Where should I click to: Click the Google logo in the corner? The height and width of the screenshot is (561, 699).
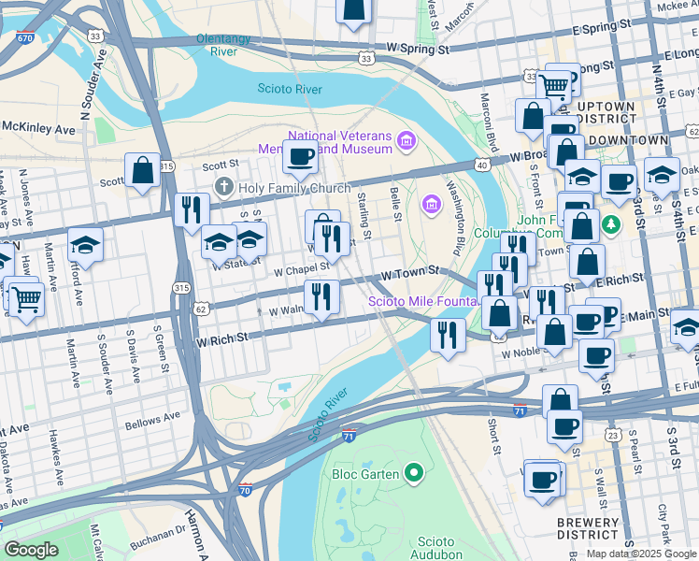31,550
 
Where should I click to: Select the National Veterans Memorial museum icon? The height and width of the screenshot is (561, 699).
406,141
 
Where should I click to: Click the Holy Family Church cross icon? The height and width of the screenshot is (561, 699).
223,186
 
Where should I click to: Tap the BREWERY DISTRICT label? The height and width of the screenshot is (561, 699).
587,529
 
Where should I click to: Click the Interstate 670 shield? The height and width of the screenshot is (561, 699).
25,37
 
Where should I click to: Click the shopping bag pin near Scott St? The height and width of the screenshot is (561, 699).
142,171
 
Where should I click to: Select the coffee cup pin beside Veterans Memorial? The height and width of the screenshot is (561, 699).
300,156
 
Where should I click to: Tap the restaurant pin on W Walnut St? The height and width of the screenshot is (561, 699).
321,297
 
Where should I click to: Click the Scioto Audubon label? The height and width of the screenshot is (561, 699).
435,548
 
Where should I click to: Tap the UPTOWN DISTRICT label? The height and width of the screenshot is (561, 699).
606,113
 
